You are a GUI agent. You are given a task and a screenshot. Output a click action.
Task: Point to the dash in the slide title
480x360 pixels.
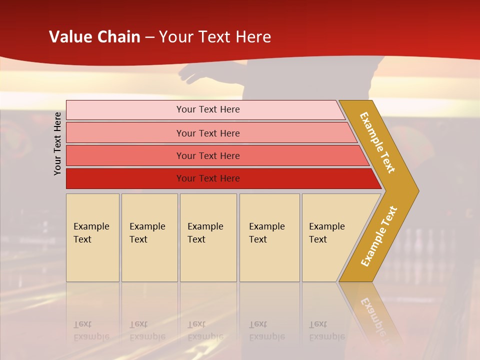[149, 37]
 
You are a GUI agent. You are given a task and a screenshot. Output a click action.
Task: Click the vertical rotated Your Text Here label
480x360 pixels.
[58, 143]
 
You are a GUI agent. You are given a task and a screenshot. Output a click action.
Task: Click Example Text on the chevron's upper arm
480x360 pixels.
[377, 142]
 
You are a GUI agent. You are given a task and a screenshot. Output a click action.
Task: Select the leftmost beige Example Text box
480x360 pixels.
[92, 237]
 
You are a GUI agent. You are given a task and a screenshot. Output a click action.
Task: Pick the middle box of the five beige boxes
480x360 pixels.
[208, 237]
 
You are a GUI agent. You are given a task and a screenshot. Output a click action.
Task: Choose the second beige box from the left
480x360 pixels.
[149, 237]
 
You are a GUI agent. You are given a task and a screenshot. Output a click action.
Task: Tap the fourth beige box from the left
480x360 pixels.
[269, 237]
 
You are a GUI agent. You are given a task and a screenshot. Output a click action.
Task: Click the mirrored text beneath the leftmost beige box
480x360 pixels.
[91, 330]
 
